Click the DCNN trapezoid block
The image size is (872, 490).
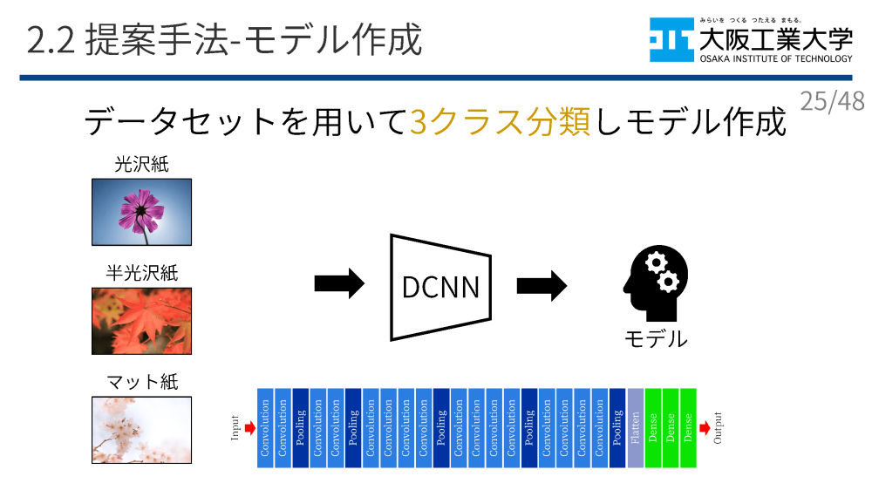pos(440,286)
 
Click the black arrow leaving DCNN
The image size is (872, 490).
pos(542,286)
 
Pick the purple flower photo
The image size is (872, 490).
pos(141,212)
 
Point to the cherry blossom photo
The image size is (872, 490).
pos(141,430)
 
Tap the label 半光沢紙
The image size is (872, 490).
pos(141,273)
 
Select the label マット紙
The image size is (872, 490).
pos(141,382)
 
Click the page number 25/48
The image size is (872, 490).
pos(832,101)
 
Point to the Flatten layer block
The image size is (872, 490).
pos(636,427)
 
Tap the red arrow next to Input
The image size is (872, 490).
pos(249,427)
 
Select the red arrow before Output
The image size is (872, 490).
pos(704,427)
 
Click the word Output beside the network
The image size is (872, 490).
pos(719,427)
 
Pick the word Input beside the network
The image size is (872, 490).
pos(235,427)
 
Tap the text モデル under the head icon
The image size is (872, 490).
pos(655,338)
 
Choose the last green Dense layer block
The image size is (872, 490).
pos(688,427)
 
